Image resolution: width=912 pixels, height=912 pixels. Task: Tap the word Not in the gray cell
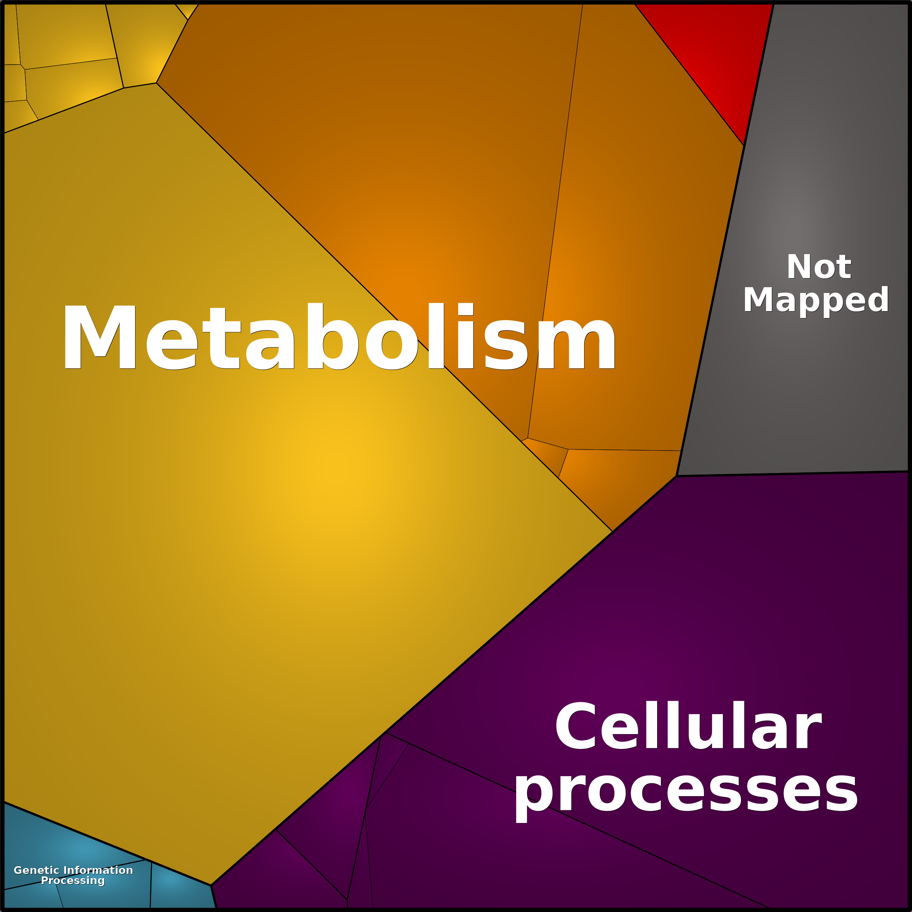pos(819,267)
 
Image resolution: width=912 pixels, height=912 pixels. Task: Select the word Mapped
pos(816,300)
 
